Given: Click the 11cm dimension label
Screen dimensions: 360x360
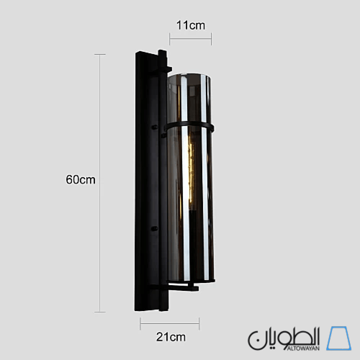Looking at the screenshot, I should (x=191, y=24).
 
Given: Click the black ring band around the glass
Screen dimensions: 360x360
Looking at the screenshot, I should (x=191, y=127).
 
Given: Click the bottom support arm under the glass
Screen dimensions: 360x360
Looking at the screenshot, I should (x=180, y=288).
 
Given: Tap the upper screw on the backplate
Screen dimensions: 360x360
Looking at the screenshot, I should (x=153, y=127).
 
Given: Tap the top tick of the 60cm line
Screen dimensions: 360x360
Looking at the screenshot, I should (x=100, y=54).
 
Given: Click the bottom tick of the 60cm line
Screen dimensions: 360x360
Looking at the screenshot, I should (x=100, y=312).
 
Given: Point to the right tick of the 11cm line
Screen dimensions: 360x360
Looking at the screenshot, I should (x=211, y=37).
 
